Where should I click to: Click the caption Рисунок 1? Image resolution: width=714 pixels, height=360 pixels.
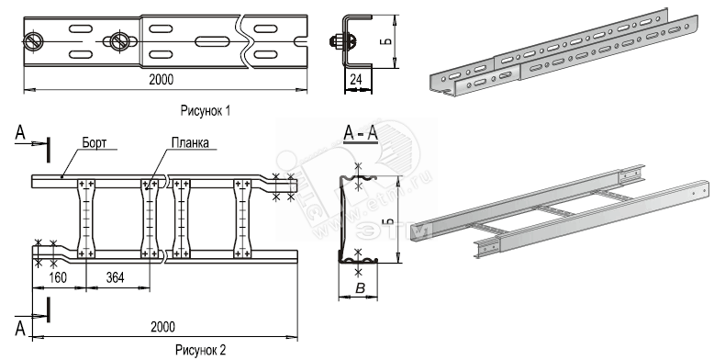pos(206,111)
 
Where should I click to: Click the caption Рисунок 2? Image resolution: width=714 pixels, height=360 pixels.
pos(201,350)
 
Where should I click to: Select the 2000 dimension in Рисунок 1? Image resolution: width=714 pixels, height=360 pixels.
pos(162,80)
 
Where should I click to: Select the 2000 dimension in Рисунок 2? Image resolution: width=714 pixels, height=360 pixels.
pos(163,327)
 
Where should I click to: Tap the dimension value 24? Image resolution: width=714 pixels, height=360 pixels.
pos(356,80)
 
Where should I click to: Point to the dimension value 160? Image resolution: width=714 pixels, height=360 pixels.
pos(58,277)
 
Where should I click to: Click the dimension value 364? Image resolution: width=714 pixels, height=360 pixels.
pos(115,277)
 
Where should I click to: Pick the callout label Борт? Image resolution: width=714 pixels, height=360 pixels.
pos(95,142)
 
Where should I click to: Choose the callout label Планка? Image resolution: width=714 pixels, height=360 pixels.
pos(190,142)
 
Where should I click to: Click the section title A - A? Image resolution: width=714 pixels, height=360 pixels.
pos(361,134)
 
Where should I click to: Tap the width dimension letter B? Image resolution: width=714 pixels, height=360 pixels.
pos(359,288)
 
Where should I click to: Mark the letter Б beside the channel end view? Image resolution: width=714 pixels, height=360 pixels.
pos(386,41)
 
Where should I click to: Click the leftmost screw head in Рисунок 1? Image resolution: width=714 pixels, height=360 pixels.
pos(34,41)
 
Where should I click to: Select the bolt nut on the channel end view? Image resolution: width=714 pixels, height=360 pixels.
pos(336,41)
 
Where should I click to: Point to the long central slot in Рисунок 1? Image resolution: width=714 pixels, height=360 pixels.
pos(214,41)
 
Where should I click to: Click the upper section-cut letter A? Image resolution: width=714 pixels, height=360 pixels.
pos(20,132)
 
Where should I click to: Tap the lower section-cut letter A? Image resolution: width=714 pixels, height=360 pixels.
pos(20,328)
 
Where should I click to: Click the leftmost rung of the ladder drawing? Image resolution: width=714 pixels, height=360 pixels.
pos(86,219)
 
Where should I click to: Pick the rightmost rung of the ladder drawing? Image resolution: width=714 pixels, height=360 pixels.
pos(242,219)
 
